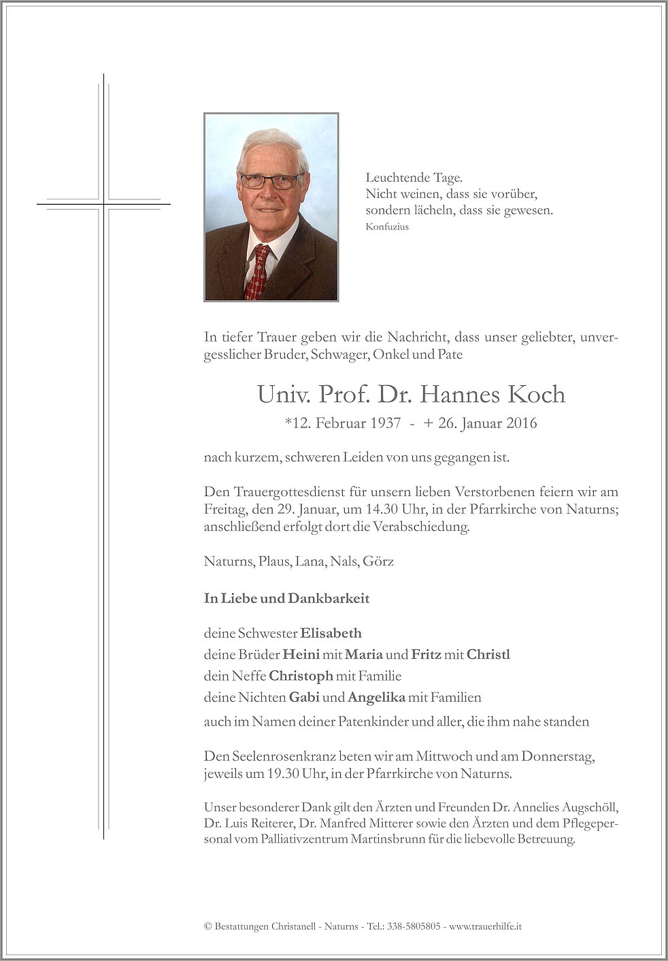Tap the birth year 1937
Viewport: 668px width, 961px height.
(386, 423)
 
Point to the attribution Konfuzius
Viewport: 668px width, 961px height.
(387, 227)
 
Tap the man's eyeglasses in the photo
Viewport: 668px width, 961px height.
(271, 181)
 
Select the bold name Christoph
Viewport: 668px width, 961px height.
(301, 676)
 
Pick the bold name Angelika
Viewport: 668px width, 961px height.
(376, 697)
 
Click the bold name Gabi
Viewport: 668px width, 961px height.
(304, 697)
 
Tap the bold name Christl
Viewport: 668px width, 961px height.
(488, 655)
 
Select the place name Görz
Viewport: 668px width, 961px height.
(378, 561)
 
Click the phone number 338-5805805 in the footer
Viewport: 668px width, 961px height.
(414, 926)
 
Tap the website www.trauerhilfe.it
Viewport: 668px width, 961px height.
(486, 926)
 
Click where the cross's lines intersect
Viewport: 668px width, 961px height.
(104, 203)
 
